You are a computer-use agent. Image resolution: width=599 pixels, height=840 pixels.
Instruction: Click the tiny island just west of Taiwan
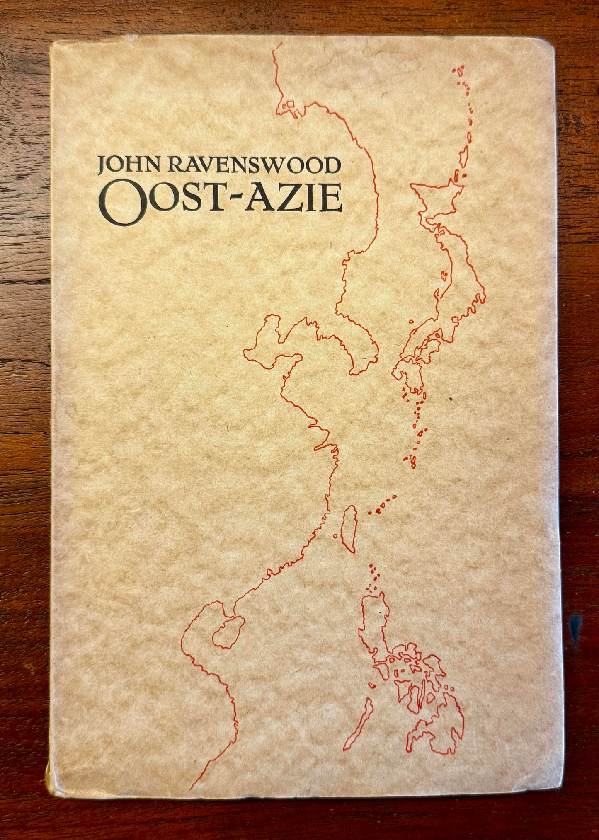pos(335,536)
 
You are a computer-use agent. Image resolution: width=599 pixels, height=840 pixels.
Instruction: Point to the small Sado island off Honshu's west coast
pos(444,274)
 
